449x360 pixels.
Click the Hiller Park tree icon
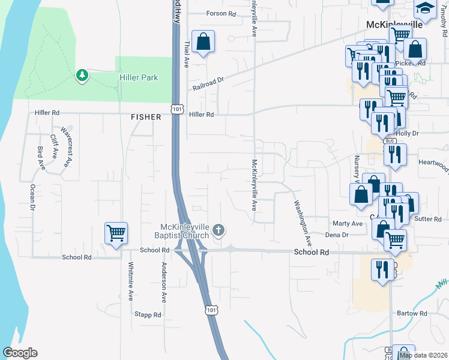point(82,76)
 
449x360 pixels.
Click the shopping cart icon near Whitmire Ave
point(115,233)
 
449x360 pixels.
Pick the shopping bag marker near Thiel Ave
point(203,42)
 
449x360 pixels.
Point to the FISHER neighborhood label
point(146,117)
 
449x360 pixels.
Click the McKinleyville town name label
point(394,25)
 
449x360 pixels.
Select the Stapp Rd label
point(148,314)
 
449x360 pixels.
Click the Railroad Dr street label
point(208,83)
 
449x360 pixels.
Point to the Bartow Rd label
point(412,313)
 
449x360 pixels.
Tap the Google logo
point(20,353)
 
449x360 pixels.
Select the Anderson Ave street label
point(163,282)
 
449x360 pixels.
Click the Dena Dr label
point(336,235)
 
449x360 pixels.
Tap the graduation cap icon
point(425,8)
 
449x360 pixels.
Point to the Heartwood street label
point(433,163)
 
